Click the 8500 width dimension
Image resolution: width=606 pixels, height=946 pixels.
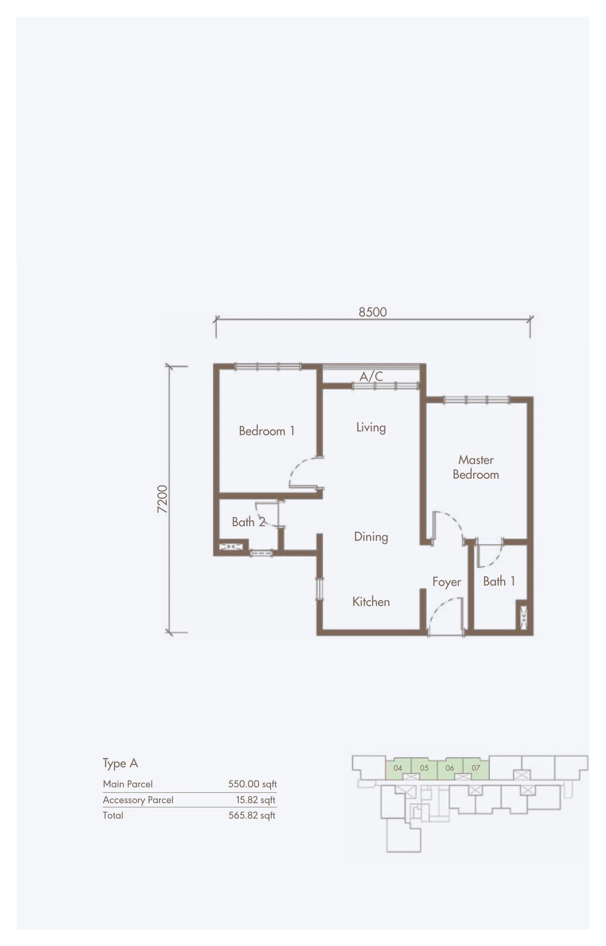pyautogui.click(x=373, y=312)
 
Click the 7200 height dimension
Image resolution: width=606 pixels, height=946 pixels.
pyautogui.click(x=162, y=499)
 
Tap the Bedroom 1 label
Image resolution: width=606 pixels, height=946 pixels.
pyautogui.click(x=267, y=431)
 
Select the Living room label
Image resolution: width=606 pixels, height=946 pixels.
pyautogui.click(x=371, y=427)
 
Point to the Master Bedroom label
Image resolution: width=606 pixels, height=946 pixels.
pyautogui.click(x=476, y=467)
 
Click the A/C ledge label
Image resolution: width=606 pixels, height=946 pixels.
pyautogui.click(x=371, y=376)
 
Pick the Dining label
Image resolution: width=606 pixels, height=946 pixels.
pyautogui.click(x=371, y=537)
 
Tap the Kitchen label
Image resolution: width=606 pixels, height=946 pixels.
pyautogui.click(x=371, y=602)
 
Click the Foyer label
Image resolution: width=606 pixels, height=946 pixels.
pyautogui.click(x=446, y=582)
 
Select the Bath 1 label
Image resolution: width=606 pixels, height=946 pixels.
pyautogui.click(x=499, y=581)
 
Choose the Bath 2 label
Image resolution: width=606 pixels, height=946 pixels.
pyautogui.click(x=248, y=522)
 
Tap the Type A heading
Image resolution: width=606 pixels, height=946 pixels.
pyautogui.click(x=120, y=763)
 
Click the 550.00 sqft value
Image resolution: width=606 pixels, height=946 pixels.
pyautogui.click(x=252, y=784)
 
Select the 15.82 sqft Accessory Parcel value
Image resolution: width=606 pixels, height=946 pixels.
pyautogui.click(x=256, y=800)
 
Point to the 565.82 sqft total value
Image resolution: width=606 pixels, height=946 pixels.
pyautogui.click(x=252, y=815)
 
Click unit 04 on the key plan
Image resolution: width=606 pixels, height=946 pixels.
pyautogui.click(x=398, y=768)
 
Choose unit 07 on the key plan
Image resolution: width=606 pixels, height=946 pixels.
pyautogui.click(x=476, y=768)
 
